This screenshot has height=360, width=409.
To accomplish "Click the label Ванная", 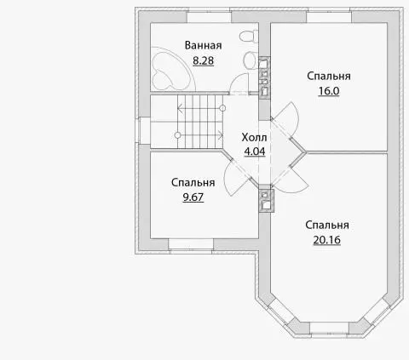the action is (x=203, y=45).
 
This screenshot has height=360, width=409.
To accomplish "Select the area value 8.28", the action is (x=203, y=60).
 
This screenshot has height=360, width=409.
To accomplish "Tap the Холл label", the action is (x=254, y=138).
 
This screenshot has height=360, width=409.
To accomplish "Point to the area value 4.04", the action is (x=255, y=151).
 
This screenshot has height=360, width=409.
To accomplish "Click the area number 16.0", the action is (x=329, y=91).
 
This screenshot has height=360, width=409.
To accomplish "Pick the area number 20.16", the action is (x=327, y=240).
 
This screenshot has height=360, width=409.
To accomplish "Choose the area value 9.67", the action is (x=193, y=197).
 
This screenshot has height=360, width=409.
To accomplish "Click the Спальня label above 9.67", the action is (x=193, y=183).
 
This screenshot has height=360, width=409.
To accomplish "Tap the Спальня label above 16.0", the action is (x=329, y=76).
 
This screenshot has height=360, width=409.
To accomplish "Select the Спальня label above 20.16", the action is (x=327, y=225).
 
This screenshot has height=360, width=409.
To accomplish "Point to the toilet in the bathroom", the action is (x=249, y=36).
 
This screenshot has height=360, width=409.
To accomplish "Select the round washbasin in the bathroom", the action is (x=251, y=60).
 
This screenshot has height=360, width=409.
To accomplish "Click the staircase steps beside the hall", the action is (x=200, y=122).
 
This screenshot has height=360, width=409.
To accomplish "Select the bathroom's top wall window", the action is (x=209, y=16).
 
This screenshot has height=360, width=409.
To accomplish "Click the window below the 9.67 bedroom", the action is (x=191, y=244).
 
